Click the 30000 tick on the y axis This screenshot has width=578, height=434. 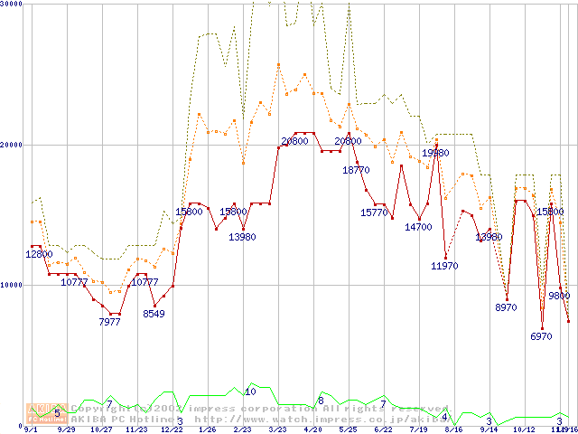point(13,5)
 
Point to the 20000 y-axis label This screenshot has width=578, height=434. point(13,145)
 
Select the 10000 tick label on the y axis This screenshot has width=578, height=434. point(13,285)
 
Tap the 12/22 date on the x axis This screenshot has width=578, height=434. point(172,430)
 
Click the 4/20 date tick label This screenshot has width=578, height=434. point(312,430)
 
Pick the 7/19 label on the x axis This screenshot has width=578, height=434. point(418,430)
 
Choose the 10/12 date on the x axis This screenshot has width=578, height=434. point(524,430)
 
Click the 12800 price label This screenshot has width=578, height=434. point(39,255)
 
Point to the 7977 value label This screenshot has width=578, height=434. point(109,323)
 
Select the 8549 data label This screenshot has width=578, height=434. point(154,315)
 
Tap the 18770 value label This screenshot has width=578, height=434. point(356,170)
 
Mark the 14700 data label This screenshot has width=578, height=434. point(418,228)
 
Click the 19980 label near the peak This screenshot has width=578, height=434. point(435,154)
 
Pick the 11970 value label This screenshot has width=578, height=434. point(444,266)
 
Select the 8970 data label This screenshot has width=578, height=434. point(507,308)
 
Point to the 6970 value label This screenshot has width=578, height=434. point(541,336)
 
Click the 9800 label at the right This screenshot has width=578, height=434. point(559,296)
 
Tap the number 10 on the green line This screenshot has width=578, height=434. point(250,392)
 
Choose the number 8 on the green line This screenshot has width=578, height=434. point(321,401)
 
